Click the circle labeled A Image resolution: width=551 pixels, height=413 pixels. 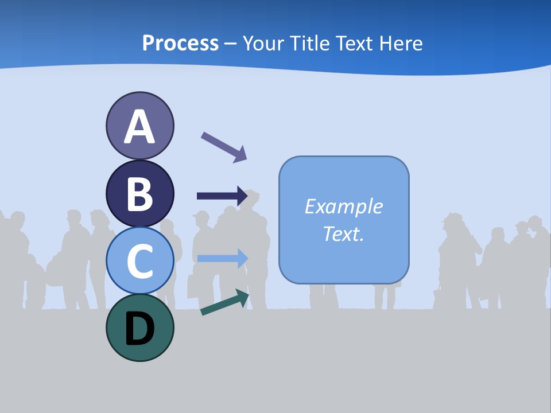point(139,126)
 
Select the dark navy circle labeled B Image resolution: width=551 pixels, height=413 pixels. point(139,193)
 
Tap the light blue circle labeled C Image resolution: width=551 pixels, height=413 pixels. point(139,260)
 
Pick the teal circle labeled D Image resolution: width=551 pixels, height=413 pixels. point(139,328)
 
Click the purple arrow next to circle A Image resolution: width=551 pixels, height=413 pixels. point(224,146)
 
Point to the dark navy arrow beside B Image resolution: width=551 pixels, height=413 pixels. point(222,196)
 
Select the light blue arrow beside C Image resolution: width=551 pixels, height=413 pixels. point(222,258)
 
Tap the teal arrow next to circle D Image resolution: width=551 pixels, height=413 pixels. point(224,302)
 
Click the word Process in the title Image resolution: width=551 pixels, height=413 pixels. point(180,43)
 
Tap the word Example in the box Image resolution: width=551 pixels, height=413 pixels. point(343,206)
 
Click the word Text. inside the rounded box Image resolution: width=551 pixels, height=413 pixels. point(343,233)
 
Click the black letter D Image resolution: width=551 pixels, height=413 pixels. point(139,329)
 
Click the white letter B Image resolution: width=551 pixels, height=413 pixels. point(139,194)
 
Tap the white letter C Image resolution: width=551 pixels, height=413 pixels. point(139,262)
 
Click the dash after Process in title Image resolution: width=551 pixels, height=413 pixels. point(231,44)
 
